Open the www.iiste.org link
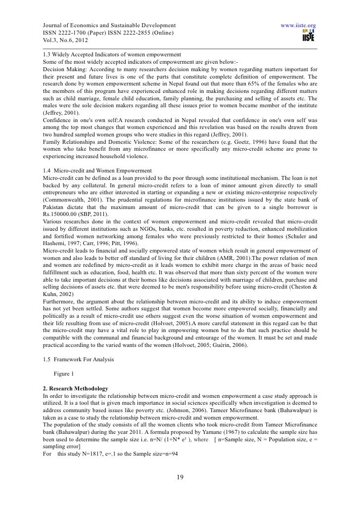pos(298,25)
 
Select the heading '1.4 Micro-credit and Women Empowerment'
pos(97,170)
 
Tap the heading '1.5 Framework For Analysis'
pos(79,359)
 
